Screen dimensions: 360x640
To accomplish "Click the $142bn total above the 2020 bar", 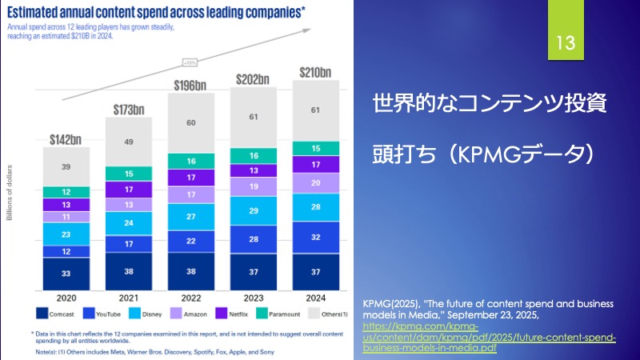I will [66, 139].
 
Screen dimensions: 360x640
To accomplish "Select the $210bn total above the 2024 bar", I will [314, 73].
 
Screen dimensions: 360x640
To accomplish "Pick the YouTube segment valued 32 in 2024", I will [314, 237].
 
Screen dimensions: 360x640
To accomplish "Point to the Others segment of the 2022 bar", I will [190, 123].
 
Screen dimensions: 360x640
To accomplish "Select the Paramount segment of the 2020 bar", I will [66, 192].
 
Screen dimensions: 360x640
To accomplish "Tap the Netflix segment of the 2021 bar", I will [129, 190].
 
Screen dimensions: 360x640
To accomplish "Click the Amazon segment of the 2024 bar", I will [314, 182].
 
